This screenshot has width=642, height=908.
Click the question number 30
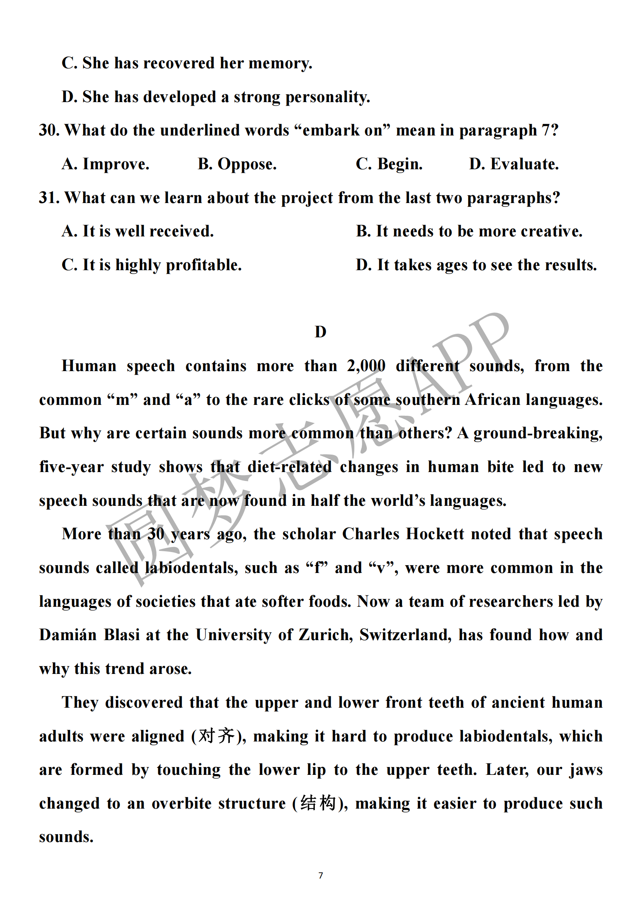coord(49,130)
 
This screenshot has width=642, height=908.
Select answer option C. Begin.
coord(389,164)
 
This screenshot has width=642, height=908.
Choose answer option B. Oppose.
coord(237,164)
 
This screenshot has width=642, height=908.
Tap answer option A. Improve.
coord(106,164)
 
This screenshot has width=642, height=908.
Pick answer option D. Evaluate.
coord(514,164)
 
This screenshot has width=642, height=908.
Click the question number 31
coord(49,198)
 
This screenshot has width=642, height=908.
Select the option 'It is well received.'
coord(148,231)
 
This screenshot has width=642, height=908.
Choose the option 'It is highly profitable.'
coord(162,265)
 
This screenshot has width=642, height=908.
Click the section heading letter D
coord(320,332)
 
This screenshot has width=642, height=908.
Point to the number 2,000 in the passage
coord(366,366)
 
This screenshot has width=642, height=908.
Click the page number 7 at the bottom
coord(321,875)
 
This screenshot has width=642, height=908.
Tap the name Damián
coord(68,635)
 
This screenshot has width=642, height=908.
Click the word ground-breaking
coord(538,434)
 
